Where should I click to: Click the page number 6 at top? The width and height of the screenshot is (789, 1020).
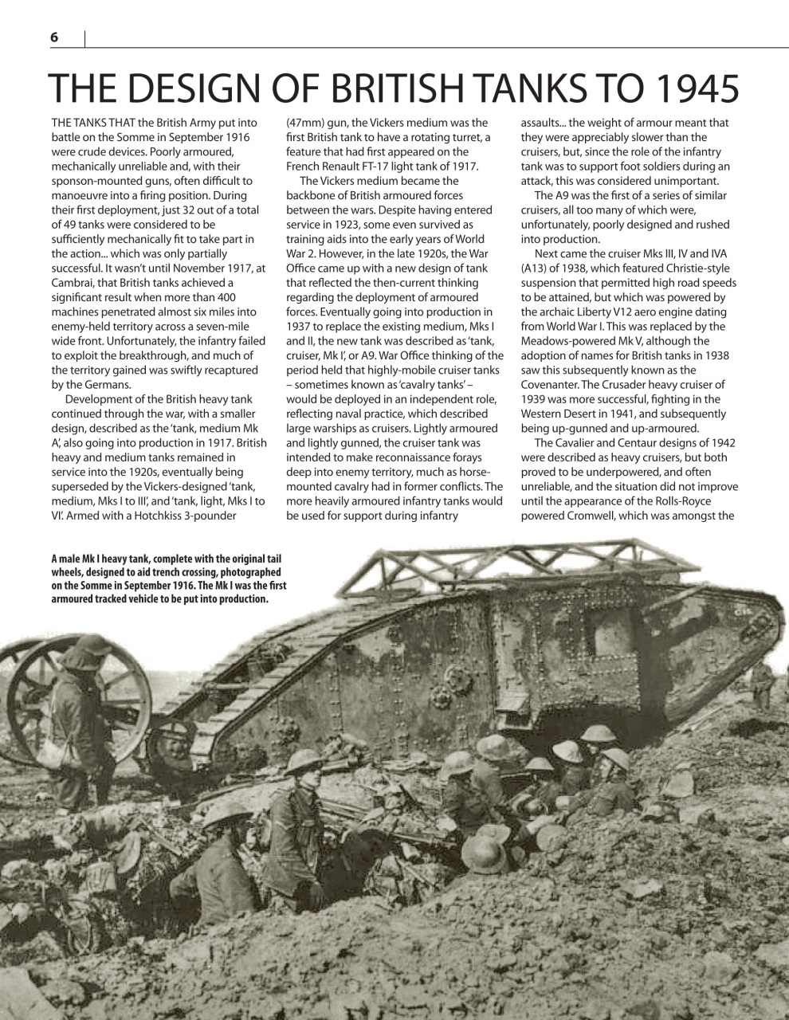pyautogui.click(x=54, y=37)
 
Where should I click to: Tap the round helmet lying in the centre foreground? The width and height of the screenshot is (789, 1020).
pyautogui.click(x=484, y=853)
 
